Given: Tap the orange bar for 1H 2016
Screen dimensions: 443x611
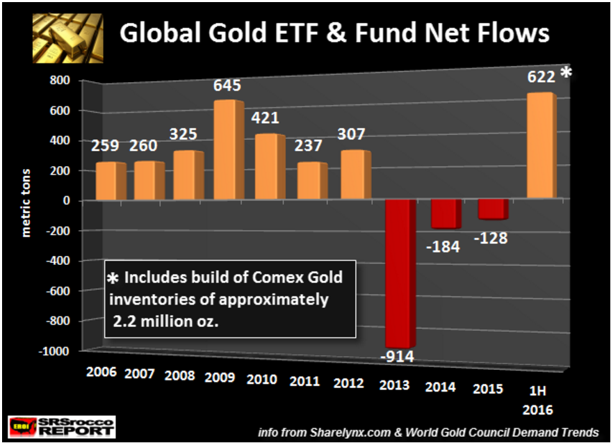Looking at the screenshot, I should click(x=541, y=146).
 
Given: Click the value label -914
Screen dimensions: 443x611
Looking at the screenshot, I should click(x=399, y=357).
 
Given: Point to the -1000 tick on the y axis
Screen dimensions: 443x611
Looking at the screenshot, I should click(x=58, y=351).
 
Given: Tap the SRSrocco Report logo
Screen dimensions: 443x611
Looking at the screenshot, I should click(x=61, y=426).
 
